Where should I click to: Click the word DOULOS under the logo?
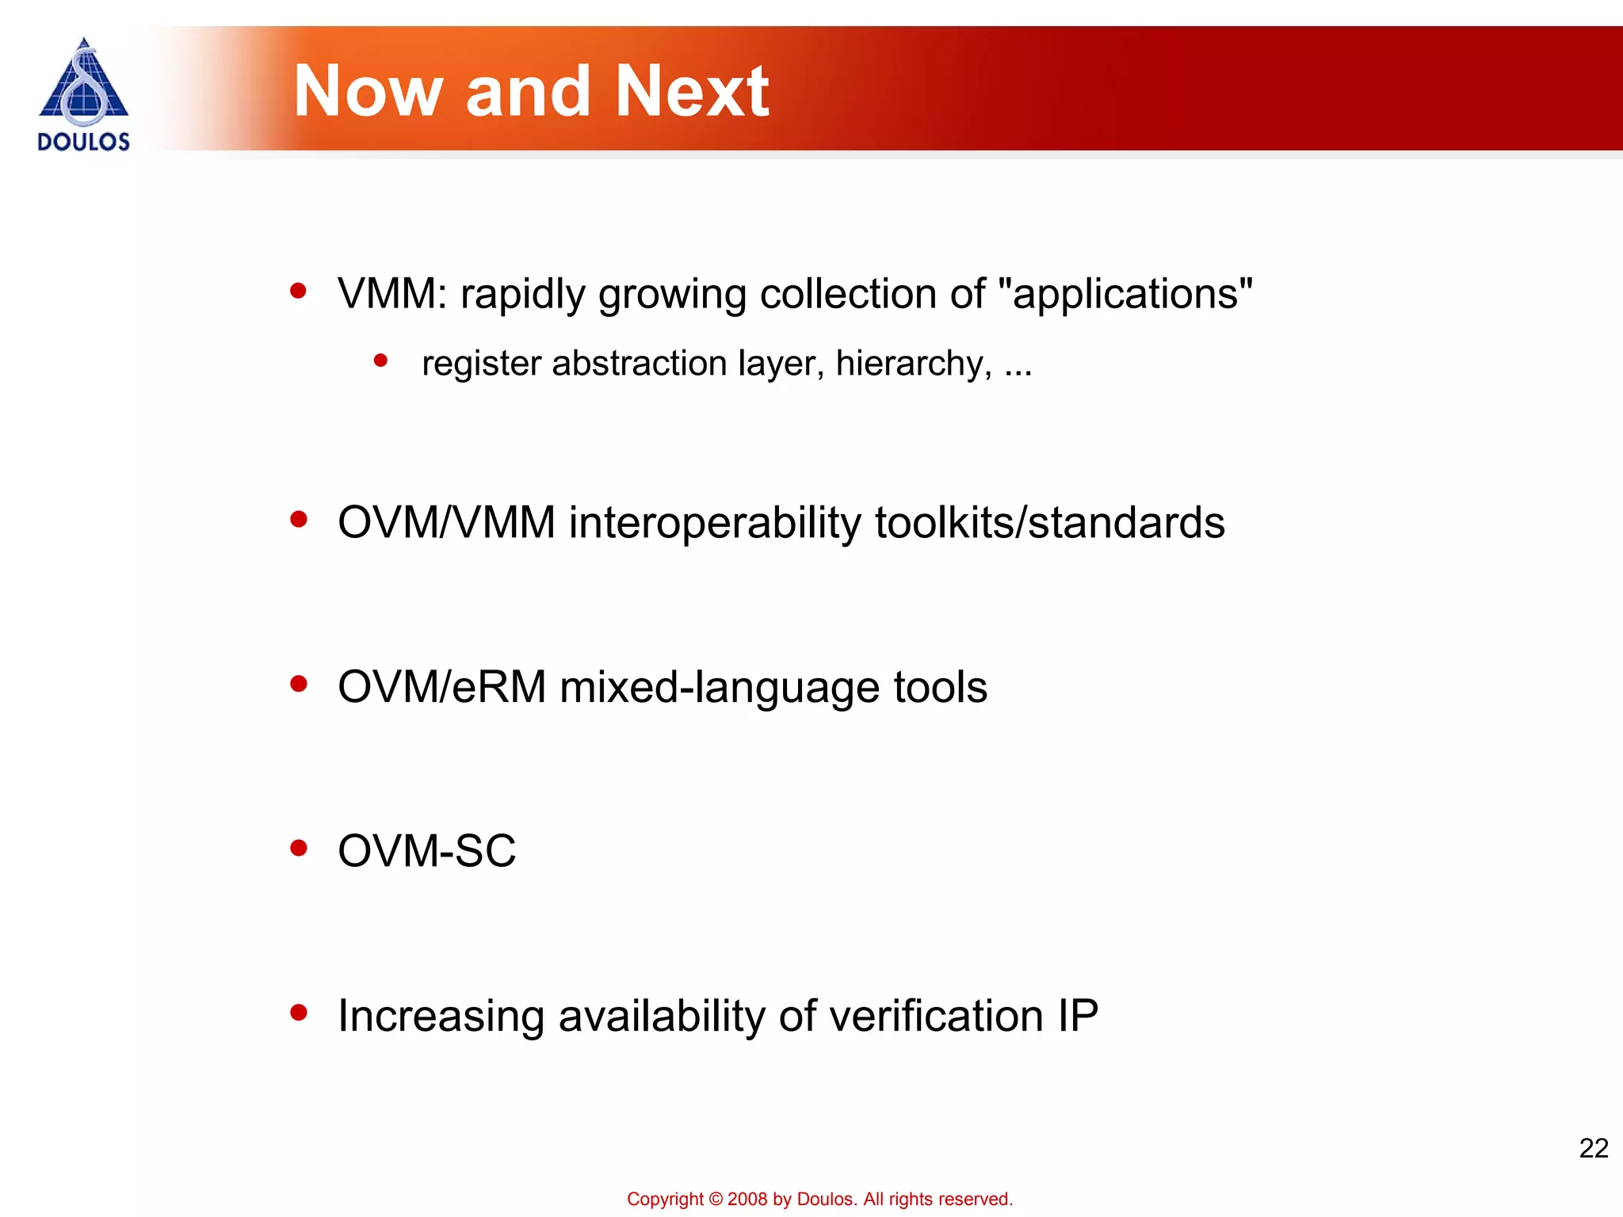pyautogui.click(x=83, y=142)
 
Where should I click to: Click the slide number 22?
pyautogui.click(x=1593, y=1148)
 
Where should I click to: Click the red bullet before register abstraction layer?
pyautogui.click(x=380, y=361)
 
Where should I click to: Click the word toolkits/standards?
pyautogui.click(x=1050, y=523)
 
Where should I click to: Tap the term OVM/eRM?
pyautogui.click(x=442, y=687)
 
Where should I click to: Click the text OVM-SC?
pyautogui.click(x=426, y=851)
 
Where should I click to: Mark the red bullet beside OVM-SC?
pyautogui.click(x=299, y=849)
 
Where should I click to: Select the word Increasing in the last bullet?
pyautogui.click(x=441, y=1016)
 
